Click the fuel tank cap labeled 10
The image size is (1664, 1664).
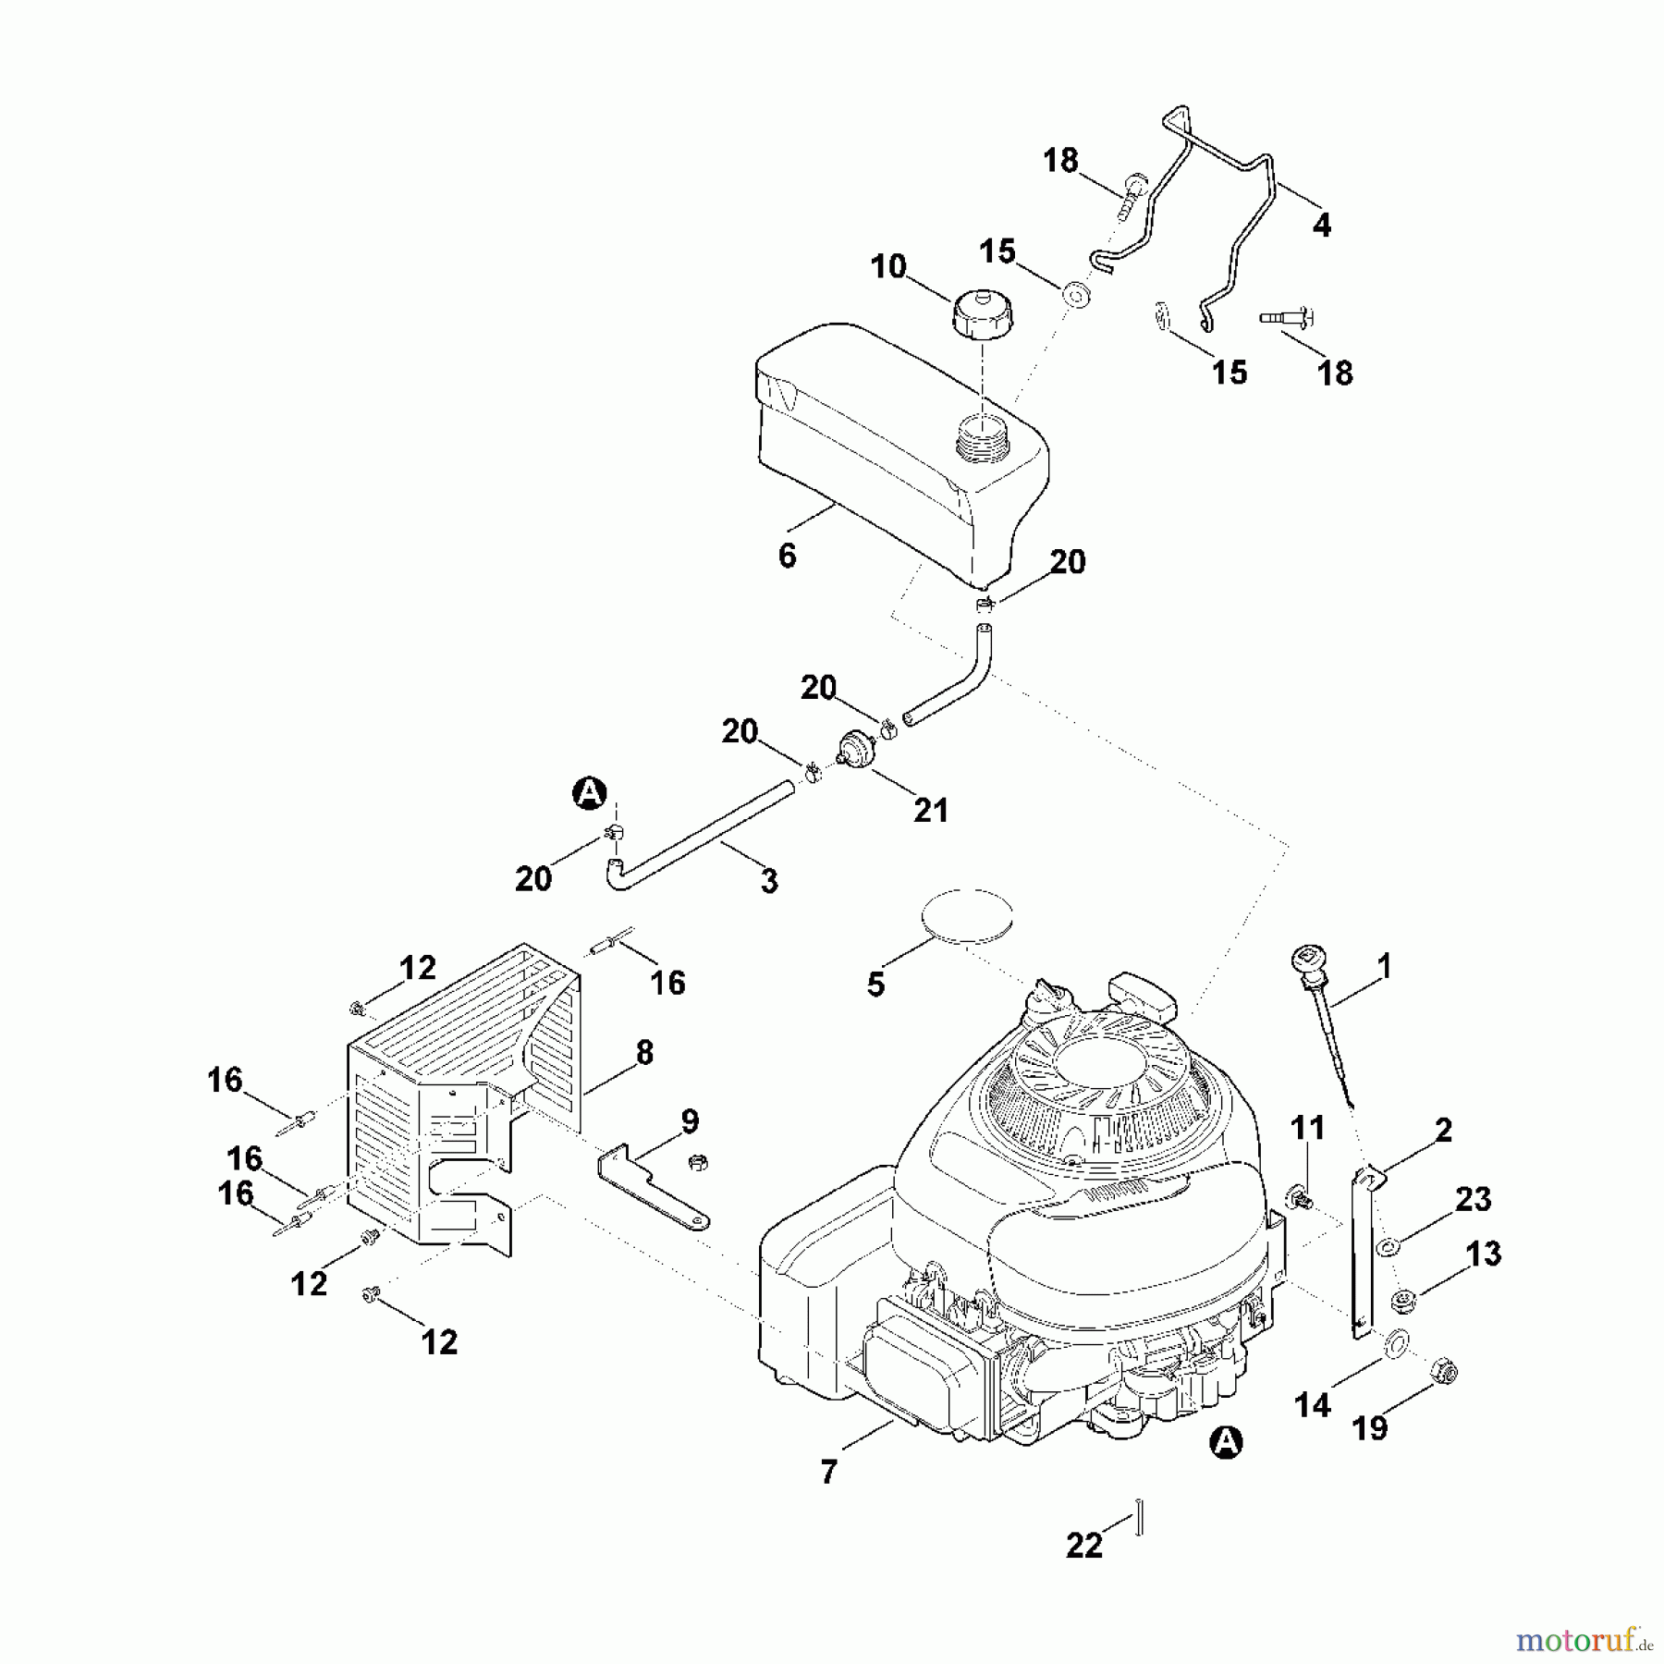pyautogui.click(x=983, y=316)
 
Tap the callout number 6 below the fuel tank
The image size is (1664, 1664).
pyautogui.click(x=787, y=556)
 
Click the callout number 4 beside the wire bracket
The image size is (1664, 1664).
pyautogui.click(x=1322, y=225)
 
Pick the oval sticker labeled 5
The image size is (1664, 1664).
pyautogui.click(x=967, y=916)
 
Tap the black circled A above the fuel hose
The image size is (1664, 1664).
pyautogui.click(x=590, y=792)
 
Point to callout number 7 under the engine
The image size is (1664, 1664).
pyautogui.click(x=828, y=1471)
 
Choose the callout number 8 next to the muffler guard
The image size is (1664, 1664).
pyautogui.click(x=644, y=1052)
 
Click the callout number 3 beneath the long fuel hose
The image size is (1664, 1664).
pyautogui.click(x=769, y=881)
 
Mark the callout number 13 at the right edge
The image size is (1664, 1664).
pyautogui.click(x=1484, y=1254)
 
